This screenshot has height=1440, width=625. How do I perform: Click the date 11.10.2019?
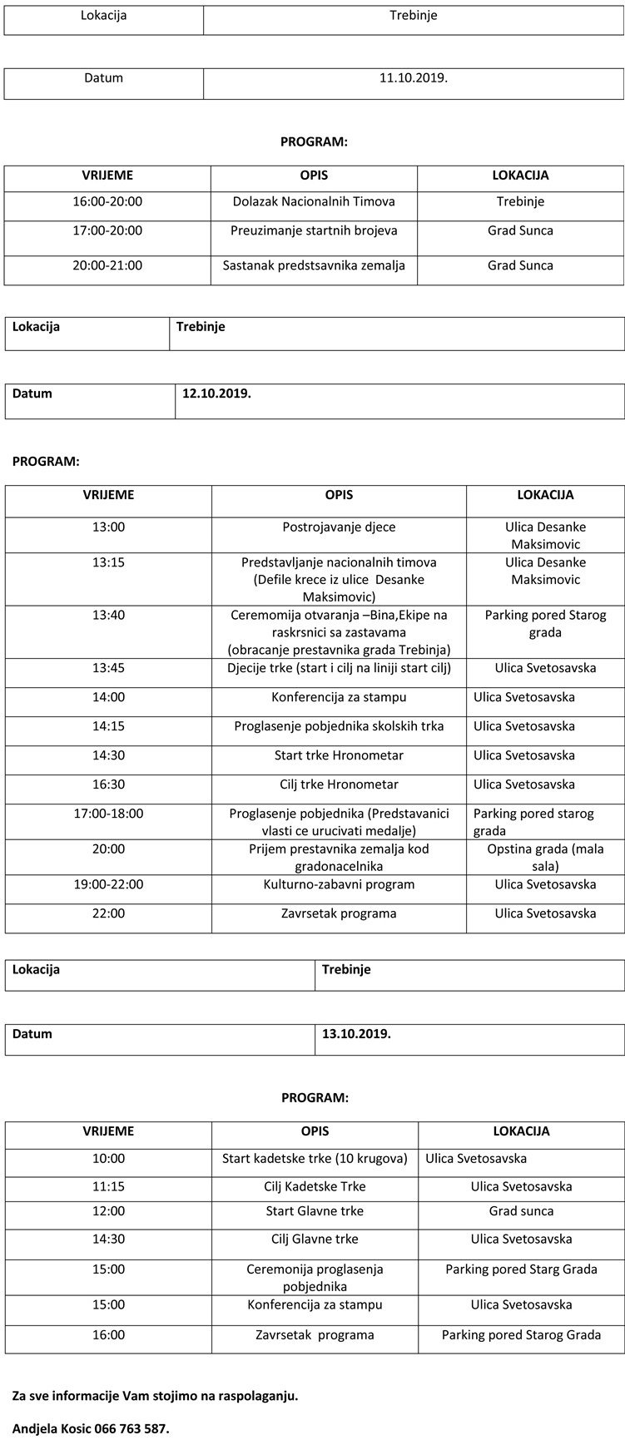coord(413,78)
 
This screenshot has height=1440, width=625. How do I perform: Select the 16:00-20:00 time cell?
coord(107,201)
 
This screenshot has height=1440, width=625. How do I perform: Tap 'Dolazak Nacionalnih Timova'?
coord(314,201)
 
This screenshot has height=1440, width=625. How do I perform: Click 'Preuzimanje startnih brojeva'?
coord(314,230)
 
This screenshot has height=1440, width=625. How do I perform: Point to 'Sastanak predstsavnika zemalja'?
coord(314,265)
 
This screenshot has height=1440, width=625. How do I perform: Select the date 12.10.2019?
coord(216,393)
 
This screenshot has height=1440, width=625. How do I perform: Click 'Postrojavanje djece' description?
coord(339,527)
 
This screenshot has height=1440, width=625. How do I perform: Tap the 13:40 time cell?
coord(108,615)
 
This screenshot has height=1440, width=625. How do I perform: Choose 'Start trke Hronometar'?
coord(339,755)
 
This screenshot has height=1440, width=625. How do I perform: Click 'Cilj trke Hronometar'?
coord(339,784)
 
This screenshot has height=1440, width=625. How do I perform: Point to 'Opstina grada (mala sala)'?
coord(545,858)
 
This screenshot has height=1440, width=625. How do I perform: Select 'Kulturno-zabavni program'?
coord(339,884)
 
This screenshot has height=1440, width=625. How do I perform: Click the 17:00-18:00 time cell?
coord(108,814)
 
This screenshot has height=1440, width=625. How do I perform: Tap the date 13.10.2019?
coord(356,1034)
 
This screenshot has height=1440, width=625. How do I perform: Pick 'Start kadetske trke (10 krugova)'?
coord(315,1158)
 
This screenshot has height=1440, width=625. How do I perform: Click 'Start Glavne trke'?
coord(315,1210)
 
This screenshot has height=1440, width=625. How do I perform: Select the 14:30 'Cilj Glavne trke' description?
coord(315,1239)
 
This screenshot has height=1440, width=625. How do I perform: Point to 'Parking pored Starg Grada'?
coord(521,1269)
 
